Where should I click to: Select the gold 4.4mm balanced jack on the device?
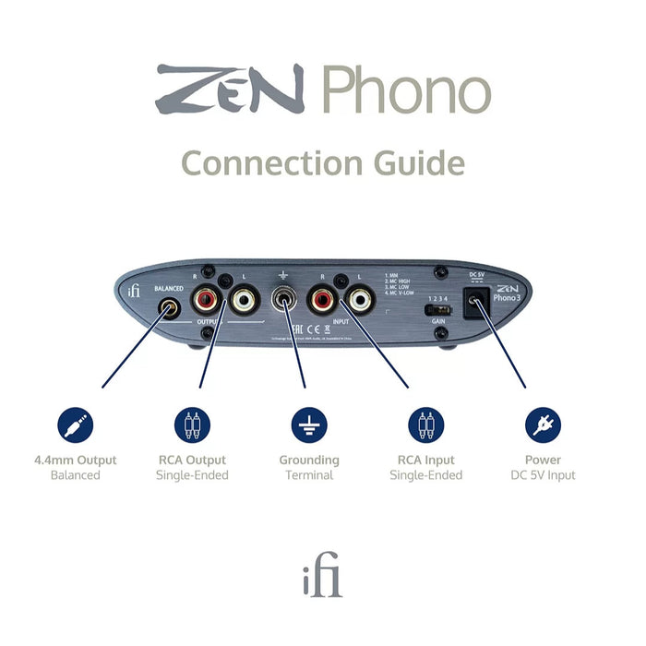[x=170, y=306]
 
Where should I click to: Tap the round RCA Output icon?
[x=192, y=425]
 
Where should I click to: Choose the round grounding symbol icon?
[x=309, y=425]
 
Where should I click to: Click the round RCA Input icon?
[x=425, y=425]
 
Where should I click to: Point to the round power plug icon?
[x=543, y=425]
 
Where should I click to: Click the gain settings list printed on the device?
[x=408, y=283]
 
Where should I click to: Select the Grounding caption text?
[x=309, y=460]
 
